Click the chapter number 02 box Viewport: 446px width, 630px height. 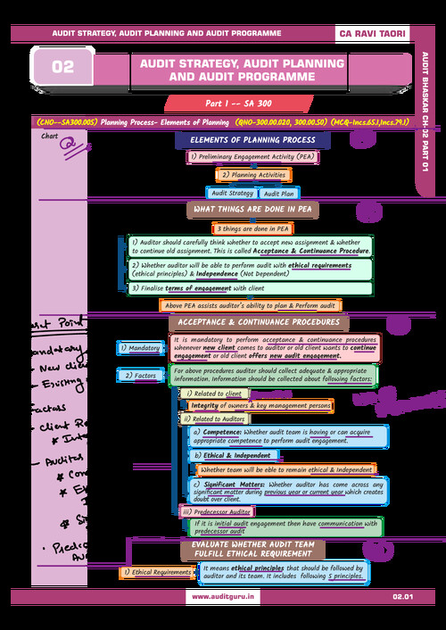pyautogui.click(x=63, y=67)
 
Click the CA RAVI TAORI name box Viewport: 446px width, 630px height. pyautogui.click(x=372, y=33)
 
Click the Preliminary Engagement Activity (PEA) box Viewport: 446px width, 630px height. pyautogui.click(x=241, y=157)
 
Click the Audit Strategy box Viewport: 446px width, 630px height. pyautogui.click(x=231, y=193)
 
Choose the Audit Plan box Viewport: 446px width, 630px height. pyautogui.click(x=279, y=193)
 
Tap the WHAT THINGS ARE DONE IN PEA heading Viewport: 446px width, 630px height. pyautogui.click(x=252, y=210)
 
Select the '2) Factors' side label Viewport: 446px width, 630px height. pyautogui.click(x=140, y=376)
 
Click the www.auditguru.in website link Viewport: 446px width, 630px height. pyautogui.click(x=222, y=595)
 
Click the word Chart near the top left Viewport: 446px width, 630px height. pyautogui.click(x=50, y=136)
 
